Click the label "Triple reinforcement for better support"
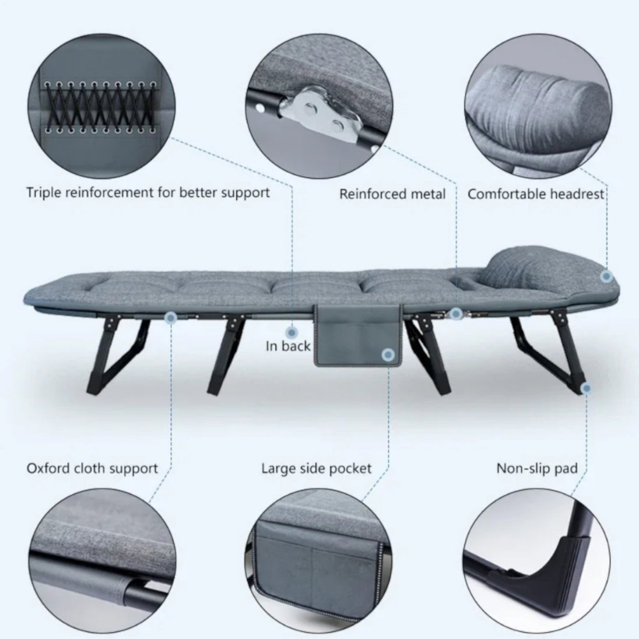point(148,192)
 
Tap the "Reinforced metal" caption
point(392,194)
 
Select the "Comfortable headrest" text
point(535,194)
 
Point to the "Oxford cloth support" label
point(92,468)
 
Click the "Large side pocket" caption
point(317,469)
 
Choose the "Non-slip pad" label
point(537,469)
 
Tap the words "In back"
point(287,346)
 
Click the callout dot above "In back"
point(291,332)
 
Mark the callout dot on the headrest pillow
point(606,276)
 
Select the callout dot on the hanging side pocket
point(388,355)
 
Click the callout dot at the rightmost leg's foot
point(586,388)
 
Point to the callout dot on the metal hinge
point(457,314)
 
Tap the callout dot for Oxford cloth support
point(171,318)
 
